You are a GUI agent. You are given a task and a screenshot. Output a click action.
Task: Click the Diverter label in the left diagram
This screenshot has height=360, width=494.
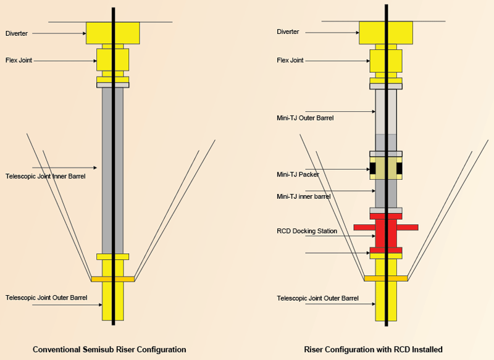tap(17, 33)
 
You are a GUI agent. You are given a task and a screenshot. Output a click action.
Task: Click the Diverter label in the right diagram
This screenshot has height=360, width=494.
tap(288, 31)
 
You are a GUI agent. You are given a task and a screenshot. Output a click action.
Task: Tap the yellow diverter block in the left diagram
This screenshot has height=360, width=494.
tap(99, 33)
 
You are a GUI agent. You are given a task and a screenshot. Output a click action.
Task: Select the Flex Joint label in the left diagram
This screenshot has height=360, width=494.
tap(19, 61)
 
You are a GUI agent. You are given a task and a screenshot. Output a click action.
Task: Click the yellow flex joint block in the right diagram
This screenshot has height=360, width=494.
tap(374, 60)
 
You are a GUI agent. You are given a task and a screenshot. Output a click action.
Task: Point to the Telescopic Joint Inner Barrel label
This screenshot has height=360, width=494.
tap(45, 177)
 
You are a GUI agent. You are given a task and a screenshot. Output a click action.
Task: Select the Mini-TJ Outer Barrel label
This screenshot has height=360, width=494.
tap(305, 117)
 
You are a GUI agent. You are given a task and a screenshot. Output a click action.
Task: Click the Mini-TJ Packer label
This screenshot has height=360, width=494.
tap(298, 175)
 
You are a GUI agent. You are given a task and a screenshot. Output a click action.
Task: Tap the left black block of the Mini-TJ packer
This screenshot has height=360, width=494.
tap(373, 168)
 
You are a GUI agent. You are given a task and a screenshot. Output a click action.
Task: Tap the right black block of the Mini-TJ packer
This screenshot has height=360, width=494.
tap(400, 168)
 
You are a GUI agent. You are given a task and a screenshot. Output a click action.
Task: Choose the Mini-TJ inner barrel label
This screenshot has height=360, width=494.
tap(303, 196)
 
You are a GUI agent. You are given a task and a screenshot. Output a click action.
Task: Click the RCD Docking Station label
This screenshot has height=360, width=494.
tap(307, 231)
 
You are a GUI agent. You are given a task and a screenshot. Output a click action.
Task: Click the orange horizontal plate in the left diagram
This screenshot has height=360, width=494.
tap(99, 279)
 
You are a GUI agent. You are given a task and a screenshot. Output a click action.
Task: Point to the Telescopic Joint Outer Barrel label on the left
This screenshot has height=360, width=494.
tap(46, 298)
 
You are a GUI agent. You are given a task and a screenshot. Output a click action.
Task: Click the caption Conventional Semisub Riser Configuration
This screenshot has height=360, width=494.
tap(109, 350)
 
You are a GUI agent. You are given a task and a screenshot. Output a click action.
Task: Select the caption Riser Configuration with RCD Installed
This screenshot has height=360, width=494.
tap(373, 350)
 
